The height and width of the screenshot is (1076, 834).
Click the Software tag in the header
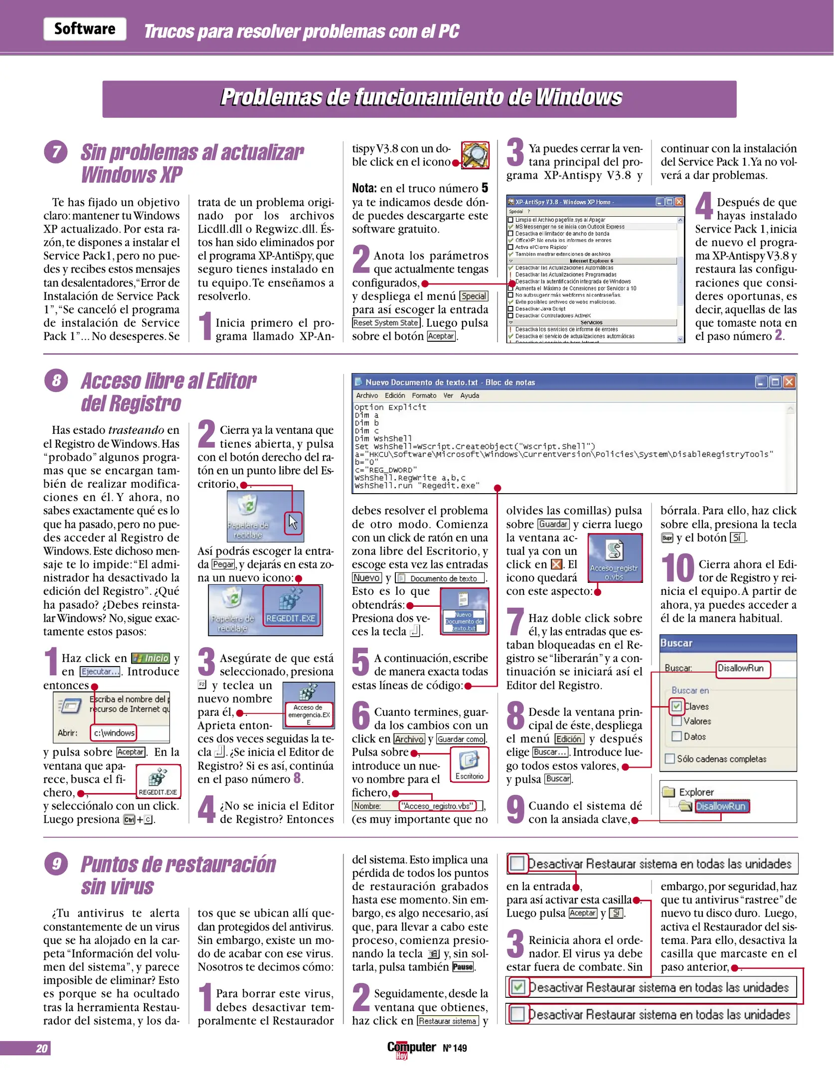tap(85, 29)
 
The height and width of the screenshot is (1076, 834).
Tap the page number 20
tap(42, 1048)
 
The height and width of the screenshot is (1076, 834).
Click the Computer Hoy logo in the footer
tap(411, 1048)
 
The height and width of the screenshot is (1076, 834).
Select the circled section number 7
tap(56, 151)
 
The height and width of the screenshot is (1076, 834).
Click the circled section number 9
tap(56, 863)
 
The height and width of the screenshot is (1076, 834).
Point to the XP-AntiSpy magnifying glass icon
tap(475, 155)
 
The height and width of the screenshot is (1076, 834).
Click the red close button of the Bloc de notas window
tap(789, 382)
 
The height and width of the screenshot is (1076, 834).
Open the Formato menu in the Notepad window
tap(424, 396)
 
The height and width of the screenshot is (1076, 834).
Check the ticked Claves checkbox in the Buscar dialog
tap(676, 706)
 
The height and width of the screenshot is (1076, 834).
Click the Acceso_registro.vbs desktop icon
tap(614, 557)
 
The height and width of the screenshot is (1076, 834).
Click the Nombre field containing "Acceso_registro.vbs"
tap(437, 806)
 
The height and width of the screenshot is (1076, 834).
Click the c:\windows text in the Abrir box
tap(114, 733)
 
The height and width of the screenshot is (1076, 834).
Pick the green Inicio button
tap(151, 658)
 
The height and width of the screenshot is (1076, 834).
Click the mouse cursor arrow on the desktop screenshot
tap(293, 522)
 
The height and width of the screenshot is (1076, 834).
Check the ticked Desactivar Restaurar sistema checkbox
tap(518, 987)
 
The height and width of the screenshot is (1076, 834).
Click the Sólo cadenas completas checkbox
tap(669, 759)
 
